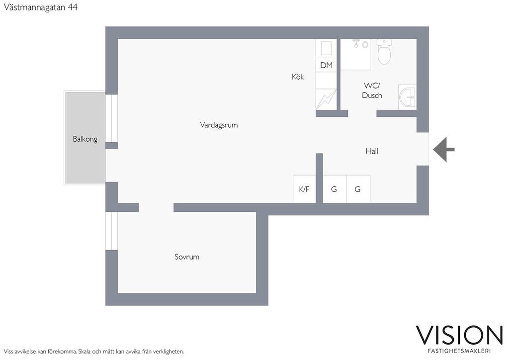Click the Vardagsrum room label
point(219,125)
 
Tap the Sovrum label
point(187,257)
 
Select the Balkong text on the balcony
point(85,139)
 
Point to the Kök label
point(298,77)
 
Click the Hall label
point(372,151)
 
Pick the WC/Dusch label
point(372,90)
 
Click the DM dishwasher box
point(326,65)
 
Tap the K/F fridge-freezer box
point(304,189)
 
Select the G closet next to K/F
point(335,189)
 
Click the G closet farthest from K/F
point(358,189)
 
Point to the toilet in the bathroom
point(384,52)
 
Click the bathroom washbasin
point(408,97)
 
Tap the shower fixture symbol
point(360,44)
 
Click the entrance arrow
point(444,150)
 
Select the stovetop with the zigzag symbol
point(326,99)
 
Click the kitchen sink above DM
point(326,48)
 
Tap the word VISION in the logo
point(459,335)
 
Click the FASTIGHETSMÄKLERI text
point(459,351)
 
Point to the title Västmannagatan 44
point(41,7)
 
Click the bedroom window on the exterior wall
point(111,231)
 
